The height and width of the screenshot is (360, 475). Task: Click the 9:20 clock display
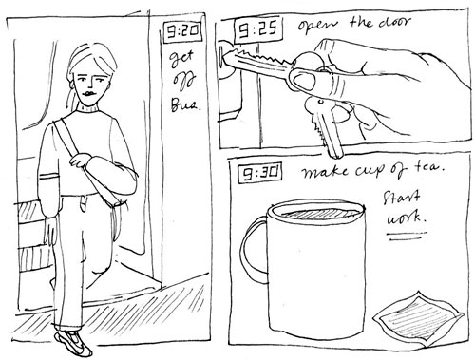pyautogui.click(x=182, y=31)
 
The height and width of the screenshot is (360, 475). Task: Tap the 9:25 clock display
pyautogui.click(x=258, y=30)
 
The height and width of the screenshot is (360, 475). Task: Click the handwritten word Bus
pyautogui.click(x=185, y=104)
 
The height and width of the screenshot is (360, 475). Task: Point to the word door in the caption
pyautogui.click(x=393, y=23)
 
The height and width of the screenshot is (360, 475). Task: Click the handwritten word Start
pyautogui.click(x=402, y=198)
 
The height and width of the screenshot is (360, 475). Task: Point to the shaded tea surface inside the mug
pyautogui.click(x=320, y=213)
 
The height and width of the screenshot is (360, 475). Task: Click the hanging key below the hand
pyautogui.click(x=326, y=126)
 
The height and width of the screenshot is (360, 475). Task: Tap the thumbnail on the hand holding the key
pyautogui.click(x=303, y=79)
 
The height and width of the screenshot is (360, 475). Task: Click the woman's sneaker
pyautogui.click(x=73, y=342)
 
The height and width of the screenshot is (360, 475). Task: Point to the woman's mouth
pyautogui.click(x=90, y=94)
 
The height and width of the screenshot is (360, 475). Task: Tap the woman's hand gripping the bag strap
pyautogui.click(x=79, y=160)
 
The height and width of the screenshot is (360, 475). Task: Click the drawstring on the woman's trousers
pyautogui.click(x=83, y=204)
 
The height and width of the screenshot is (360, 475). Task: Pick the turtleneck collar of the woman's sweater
pyautogui.click(x=88, y=108)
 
